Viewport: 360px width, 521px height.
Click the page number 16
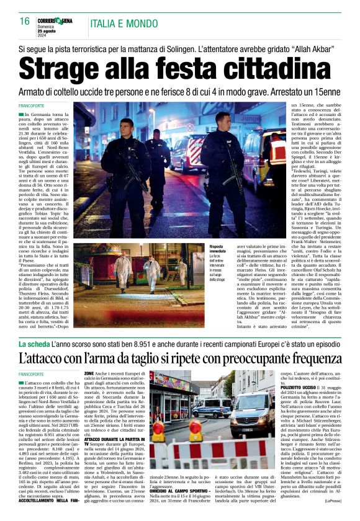(x=24, y=22)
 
